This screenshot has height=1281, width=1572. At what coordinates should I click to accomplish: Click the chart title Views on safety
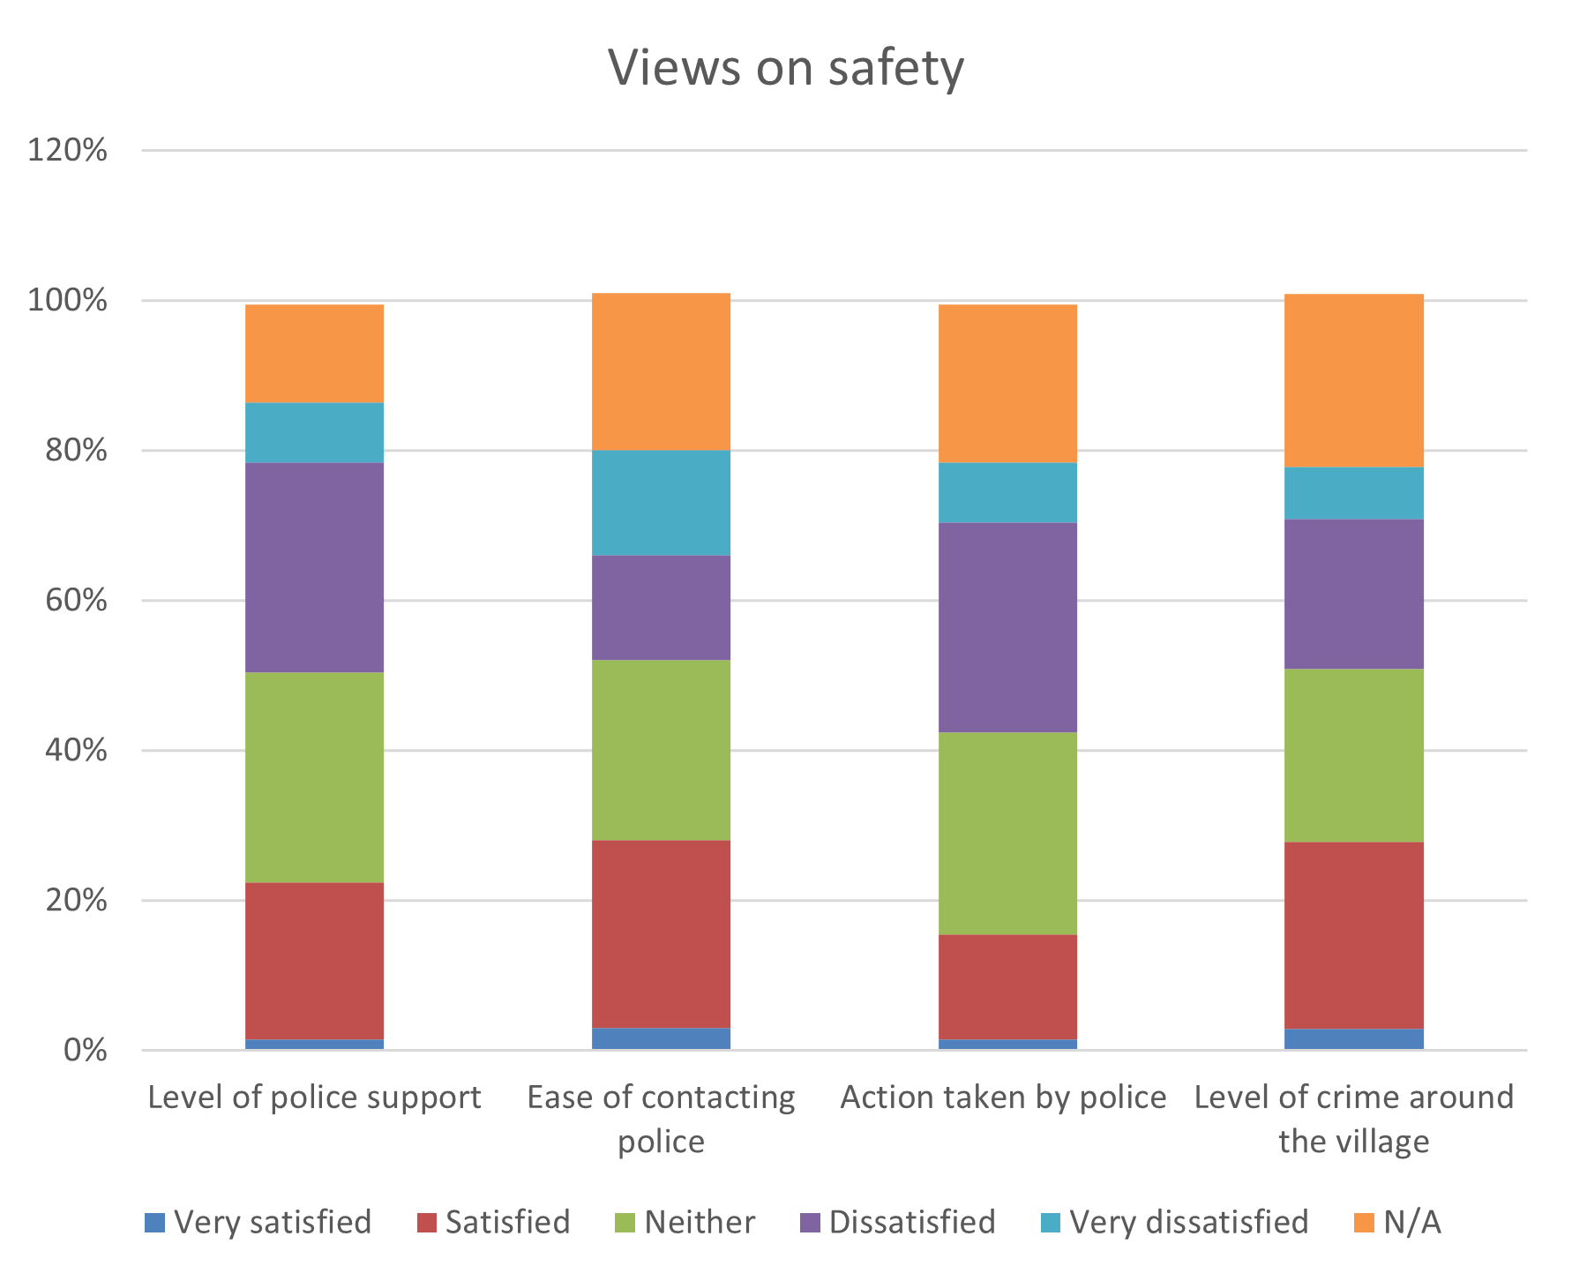click(x=785, y=68)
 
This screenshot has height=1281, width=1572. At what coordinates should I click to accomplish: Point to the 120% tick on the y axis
click(x=67, y=150)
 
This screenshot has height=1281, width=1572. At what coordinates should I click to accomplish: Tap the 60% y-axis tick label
click(x=76, y=601)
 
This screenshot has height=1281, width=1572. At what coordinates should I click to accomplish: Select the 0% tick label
click(x=85, y=1050)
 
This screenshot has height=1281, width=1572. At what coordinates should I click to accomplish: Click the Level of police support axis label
click(x=315, y=1097)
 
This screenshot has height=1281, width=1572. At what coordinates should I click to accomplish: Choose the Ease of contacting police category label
click(x=661, y=1119)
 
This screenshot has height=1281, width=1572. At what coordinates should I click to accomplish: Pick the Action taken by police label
click(x=1003, y=1097)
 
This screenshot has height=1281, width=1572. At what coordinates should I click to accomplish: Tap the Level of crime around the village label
click(x=1353, y=1119)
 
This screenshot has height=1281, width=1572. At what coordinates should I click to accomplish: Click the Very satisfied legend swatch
click(x=155, y=1223)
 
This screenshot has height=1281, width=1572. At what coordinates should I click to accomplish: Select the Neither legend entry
click(x=685, y=1223)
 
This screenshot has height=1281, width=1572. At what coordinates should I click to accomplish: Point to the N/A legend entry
click(x=1397, y=1223)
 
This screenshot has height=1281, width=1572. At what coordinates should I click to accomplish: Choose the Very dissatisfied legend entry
click(x=1174, y=1223)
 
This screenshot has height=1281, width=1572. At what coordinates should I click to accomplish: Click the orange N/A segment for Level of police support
click(x=315, y=354)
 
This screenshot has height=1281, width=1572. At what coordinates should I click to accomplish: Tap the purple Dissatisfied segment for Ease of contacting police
click(x=661, y=607)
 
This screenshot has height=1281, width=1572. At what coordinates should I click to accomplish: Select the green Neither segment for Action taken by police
click(x=1007, y=833)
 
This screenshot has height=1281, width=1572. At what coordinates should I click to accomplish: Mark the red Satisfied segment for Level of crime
click(x=1354, y=935)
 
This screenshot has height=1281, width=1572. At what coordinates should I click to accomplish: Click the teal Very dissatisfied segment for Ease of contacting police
click(x=661, y=502)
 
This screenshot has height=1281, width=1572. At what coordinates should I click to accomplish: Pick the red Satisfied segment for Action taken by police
click(x=1007, y=986)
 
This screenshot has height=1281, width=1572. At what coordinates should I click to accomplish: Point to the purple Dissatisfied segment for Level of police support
click(x=315, y=567)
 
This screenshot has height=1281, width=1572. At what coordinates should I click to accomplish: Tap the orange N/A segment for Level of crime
click(x=1354, y=380)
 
